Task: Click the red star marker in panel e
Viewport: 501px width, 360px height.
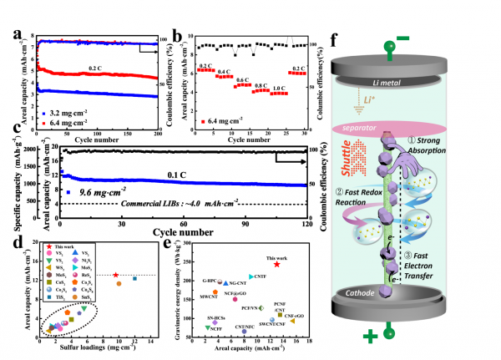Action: tap(276, 264)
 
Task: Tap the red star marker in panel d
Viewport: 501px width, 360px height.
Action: tap(115, 275)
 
